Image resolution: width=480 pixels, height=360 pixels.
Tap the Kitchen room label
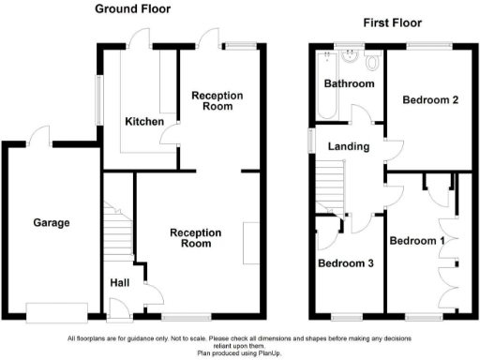pyautogui.click(x=144, y=122)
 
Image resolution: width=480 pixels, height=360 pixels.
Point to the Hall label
pyautogui.click(x=120, y=282)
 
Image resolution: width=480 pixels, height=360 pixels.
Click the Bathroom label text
pyautogui.click(x=349, y=84)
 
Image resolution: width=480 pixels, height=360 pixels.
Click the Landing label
pyautogui.click(x=349, y=147)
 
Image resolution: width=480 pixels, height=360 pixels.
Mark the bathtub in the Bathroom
pyautogui.click(x=323, y=85)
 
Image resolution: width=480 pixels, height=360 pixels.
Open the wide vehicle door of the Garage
pyautogui.click(x=58, y=311)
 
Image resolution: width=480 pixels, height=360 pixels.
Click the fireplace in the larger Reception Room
pyautogui.click(x=250, y=243)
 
